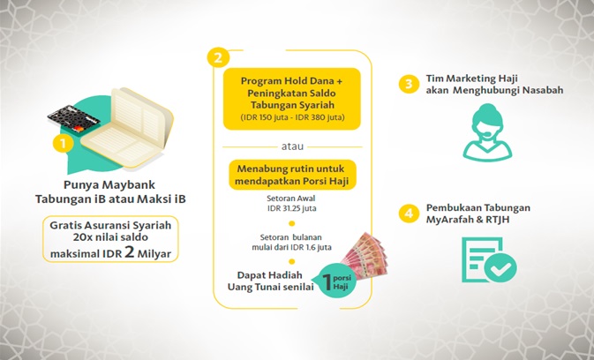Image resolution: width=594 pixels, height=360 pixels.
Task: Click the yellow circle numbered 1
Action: (x=62, y=140)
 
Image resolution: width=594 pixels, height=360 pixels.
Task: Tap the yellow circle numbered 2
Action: (x=215, y=57)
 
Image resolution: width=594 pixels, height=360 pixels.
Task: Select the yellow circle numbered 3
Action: (x=408, y=84)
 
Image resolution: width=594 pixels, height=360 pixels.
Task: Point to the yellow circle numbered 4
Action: (x=408, y=213)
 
